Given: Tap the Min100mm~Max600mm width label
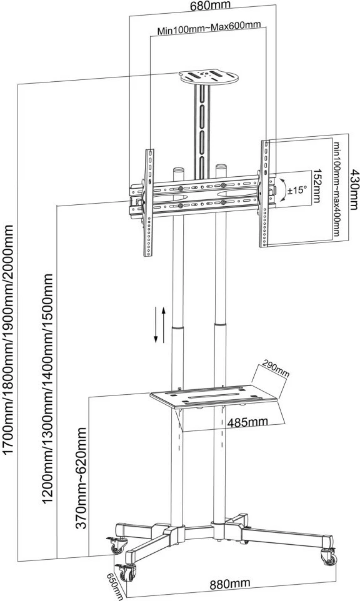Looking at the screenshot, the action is click(209, 27).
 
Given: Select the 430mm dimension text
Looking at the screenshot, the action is click(354, 189).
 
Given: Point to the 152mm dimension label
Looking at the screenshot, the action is click(317, 186).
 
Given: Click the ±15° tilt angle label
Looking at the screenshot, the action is click(297, 189).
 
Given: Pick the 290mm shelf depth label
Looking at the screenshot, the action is click(275, 369).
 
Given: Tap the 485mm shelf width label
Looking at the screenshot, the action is click(247, 422).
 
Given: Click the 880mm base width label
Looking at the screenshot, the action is click(230, 584).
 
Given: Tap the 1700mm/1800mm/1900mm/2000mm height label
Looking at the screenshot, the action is click(8, 340).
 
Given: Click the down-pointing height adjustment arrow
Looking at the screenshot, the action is click(156, 324).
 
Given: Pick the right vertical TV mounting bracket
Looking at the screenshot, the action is click(266, 194).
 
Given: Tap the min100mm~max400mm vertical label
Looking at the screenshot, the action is click(336, 189).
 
